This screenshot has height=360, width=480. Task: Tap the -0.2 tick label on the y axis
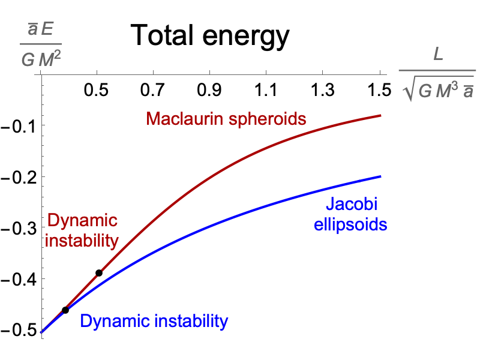pyautogui.click(x=17, y=178)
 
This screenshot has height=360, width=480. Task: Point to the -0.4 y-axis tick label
pyautogui.click(x=17, y=280)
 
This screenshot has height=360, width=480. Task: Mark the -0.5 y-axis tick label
pyautogui.click(x=17, y=331)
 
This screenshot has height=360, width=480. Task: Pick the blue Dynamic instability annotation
pyautogui.click(x=154, y=321)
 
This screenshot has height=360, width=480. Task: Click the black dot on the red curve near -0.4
pyautogui.click(x=99, y=273)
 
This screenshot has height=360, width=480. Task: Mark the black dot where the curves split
pyautogui.click(x=65, y=310)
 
